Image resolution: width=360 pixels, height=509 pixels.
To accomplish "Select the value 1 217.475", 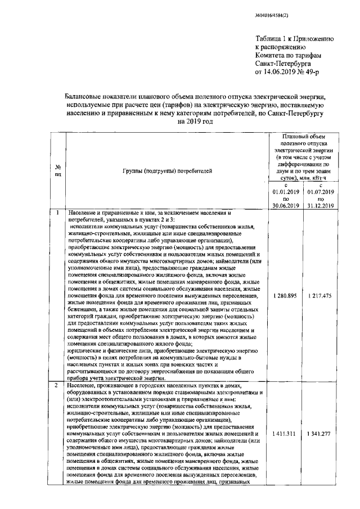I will click(x=319, y=296).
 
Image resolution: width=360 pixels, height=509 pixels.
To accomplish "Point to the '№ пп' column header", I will click(x=58, y=170).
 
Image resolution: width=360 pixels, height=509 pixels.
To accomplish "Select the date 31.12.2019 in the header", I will click(x=319, y=205).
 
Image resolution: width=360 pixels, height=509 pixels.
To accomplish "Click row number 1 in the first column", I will click(x=58, y=213).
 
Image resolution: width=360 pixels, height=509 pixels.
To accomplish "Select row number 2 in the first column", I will click(x=58, y=385).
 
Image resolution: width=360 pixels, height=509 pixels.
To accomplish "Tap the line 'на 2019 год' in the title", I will click(x=195, y=121).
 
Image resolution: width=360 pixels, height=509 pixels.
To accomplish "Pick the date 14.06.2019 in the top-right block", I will click(x=284, y=73).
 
